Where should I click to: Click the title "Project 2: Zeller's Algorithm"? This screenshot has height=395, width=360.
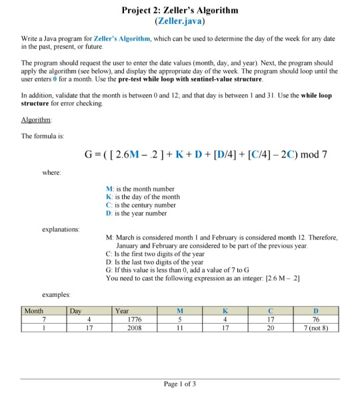tap(180, 10)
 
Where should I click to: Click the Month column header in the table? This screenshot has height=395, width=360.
tap(33, 311)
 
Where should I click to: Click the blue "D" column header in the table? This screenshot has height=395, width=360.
tap(315, 311)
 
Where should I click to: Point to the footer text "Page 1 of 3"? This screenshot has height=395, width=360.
tap(180, 384)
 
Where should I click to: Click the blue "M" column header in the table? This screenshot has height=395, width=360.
tap(180, 311)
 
